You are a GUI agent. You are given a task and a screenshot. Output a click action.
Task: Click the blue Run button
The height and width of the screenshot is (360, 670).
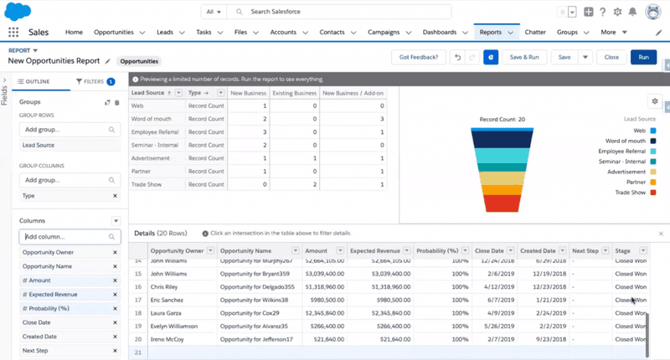pos(643,57)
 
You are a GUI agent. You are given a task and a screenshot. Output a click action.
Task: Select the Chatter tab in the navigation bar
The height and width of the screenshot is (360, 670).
pos(534,32)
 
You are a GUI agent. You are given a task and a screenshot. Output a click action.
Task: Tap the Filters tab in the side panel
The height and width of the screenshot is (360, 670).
pos(94,81)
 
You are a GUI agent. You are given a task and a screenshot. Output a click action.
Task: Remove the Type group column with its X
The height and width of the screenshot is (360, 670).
pos(115,195)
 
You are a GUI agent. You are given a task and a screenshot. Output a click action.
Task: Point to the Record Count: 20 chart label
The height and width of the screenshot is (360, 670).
pos(502,120)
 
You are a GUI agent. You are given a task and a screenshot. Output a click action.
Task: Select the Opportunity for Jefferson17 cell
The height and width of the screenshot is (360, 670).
pos(258,340)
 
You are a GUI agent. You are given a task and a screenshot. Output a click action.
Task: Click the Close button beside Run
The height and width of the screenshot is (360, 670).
pos(611,57)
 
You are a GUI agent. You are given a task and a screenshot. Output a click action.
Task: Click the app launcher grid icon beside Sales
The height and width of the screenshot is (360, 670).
pos(13,32)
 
